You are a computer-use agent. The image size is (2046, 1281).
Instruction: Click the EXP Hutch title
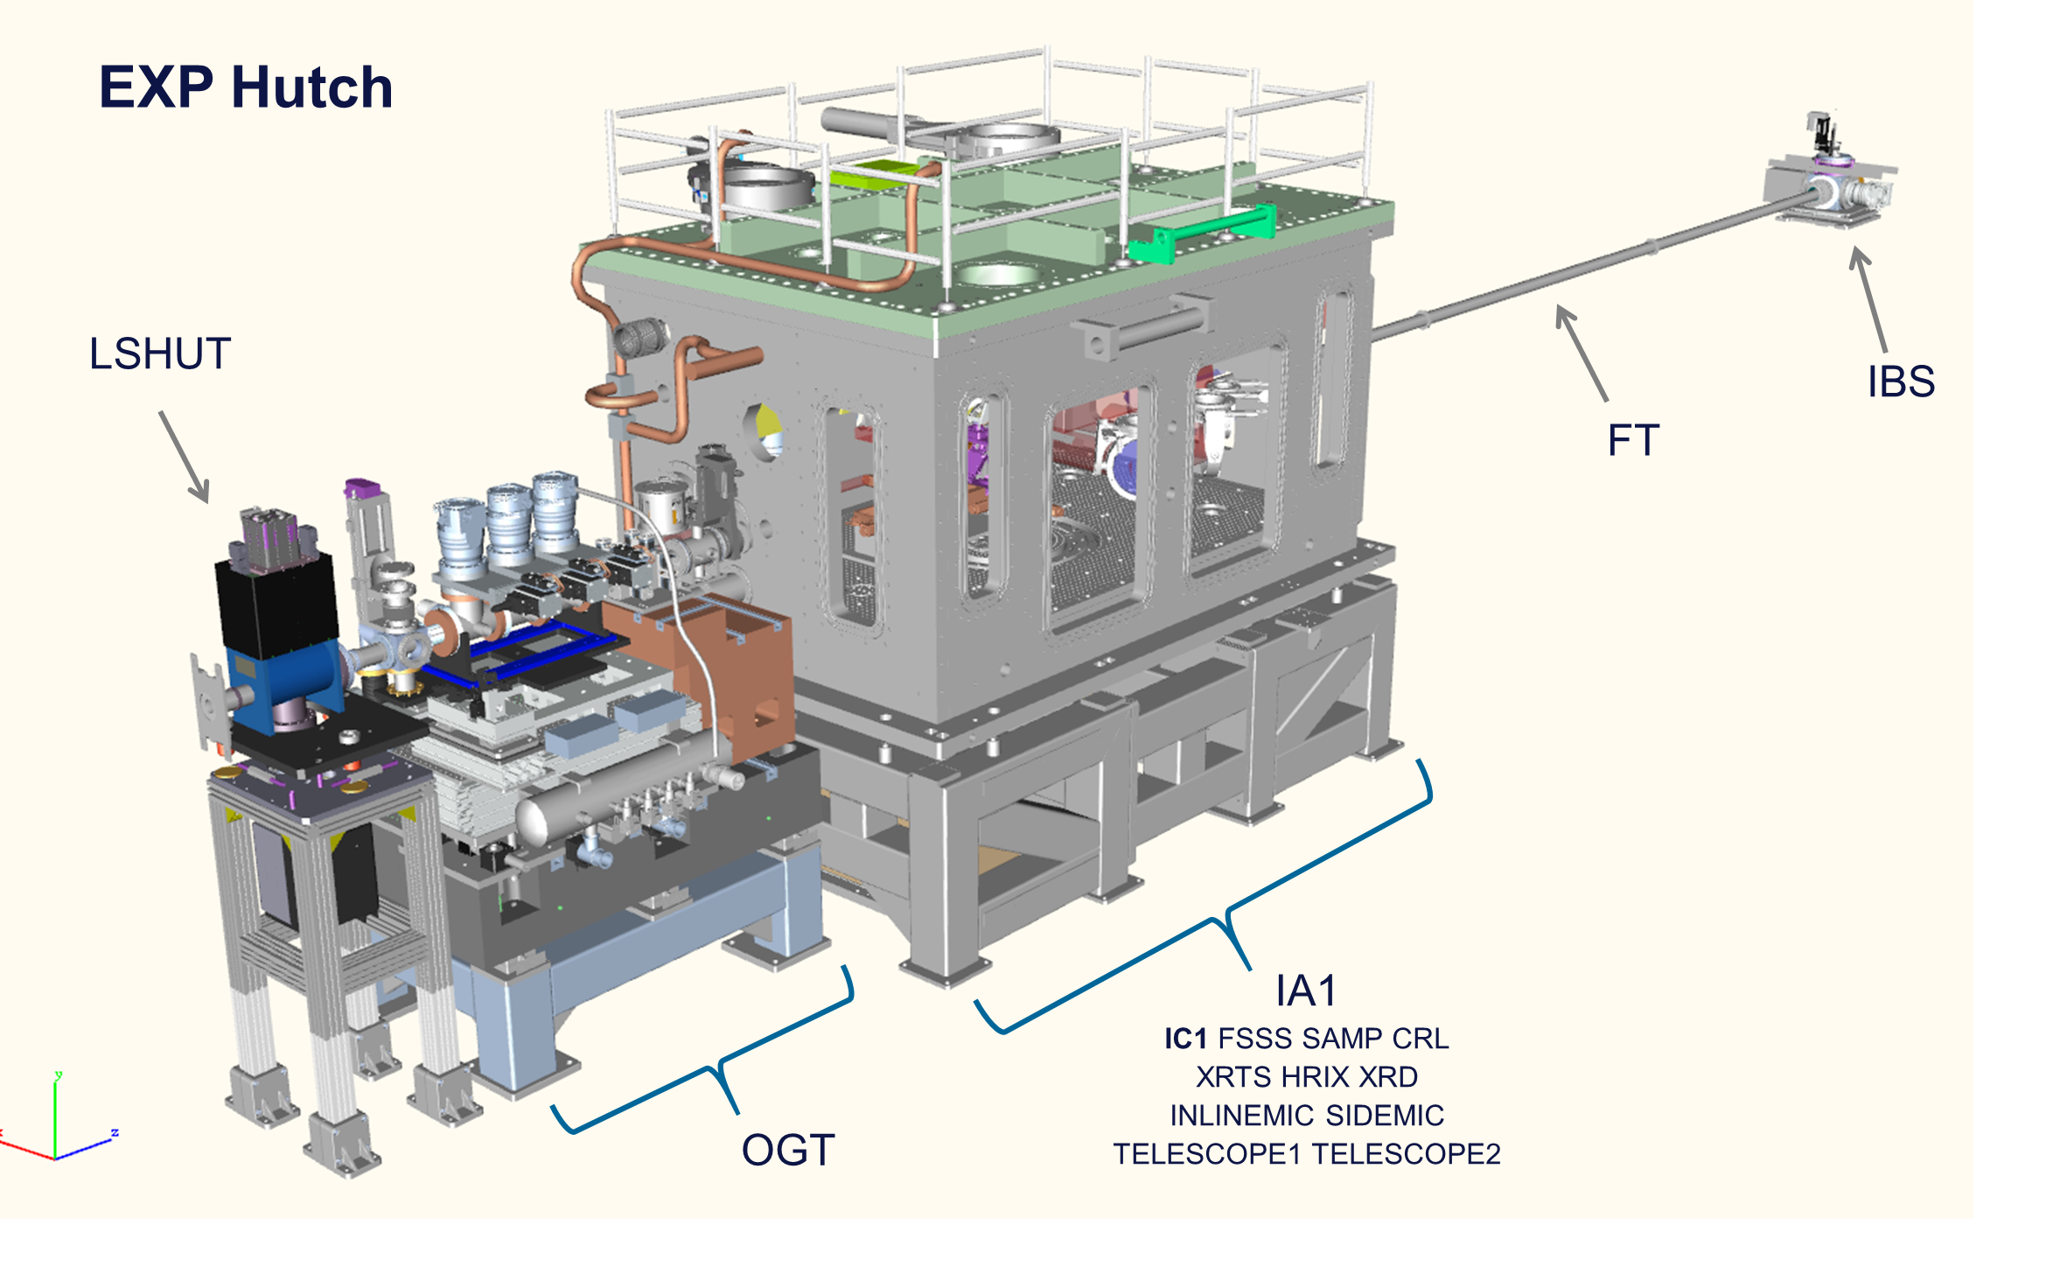pyautogui.click(x=246, y=87)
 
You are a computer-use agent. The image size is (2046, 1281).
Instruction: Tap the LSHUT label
pyautogui.click(x=160, y=353)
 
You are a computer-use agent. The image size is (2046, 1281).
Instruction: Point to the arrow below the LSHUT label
pyautogui.click(x=185, y=458)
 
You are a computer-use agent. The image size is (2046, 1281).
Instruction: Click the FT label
pyautogui.click(x=1633, y=440)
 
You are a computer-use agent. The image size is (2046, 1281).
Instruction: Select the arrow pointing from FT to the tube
pyautogui.click(x=1582, y=353)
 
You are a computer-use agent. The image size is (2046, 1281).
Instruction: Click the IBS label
pyautogui.click(x=1901, y=381)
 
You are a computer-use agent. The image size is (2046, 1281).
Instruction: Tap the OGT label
pyautogui.click(x=788, y=1150)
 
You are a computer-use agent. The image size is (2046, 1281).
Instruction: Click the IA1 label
pyautogui.click(x=1306, y=991)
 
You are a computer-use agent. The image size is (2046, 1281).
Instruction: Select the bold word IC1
pyautogui.click(x=1185, y=1039)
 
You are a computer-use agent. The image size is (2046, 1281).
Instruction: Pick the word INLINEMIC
pyautogui.click(x=1242, y=1116)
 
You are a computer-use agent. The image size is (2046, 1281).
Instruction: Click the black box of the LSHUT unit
pyautogui.click(x=276, y=604)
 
